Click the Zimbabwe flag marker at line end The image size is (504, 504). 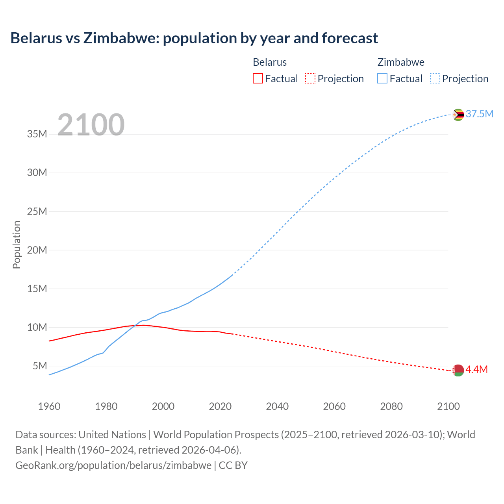(x=458, y=115)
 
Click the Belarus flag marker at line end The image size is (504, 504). (x=458, y=370)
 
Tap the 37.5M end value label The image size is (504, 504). (x=479, y=114)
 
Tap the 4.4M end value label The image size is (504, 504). (x=476, y=369)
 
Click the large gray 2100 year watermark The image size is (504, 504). (x=91, y=125)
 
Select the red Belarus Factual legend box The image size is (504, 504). (x=258, y=78)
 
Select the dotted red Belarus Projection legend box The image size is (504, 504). (x=310, y=78)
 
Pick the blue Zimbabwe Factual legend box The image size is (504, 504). (x=382, y=78)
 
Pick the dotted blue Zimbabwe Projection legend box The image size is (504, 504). (x=435, y=78)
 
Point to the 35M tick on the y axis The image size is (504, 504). (x=37, y=134)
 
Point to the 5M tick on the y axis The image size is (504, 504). (x=40, y=366)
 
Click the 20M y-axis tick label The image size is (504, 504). (x=37, y=250)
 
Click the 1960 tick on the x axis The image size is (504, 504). (x=49, y=406)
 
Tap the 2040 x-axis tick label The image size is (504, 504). (x=277, y=406)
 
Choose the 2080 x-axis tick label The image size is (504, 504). (x=391, y=406)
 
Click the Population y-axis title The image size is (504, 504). (x=17, y=245)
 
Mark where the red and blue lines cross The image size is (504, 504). (x=136, y=325)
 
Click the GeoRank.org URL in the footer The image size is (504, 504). (x=113, y=465)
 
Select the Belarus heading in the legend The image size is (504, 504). (x=270, y=62)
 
